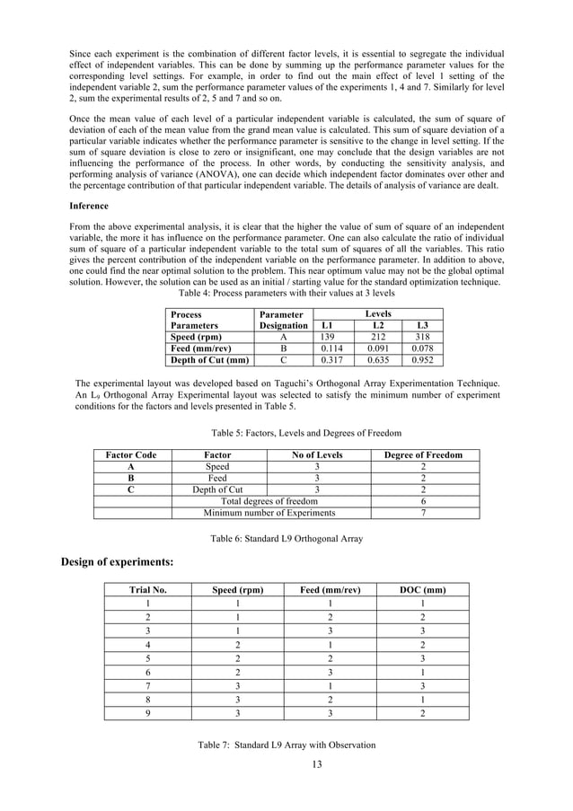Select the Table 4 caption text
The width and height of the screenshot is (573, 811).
point(286,294)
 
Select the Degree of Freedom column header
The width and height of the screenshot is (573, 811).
point(423,455)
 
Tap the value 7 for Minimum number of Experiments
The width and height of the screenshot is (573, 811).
point(423,513)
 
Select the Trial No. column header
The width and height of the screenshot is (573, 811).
point(148,590)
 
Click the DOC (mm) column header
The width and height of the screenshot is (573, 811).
point(422,590)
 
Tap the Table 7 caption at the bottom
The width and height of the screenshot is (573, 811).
point(286,745)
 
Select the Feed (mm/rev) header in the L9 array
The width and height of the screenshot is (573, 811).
point(330,590)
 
